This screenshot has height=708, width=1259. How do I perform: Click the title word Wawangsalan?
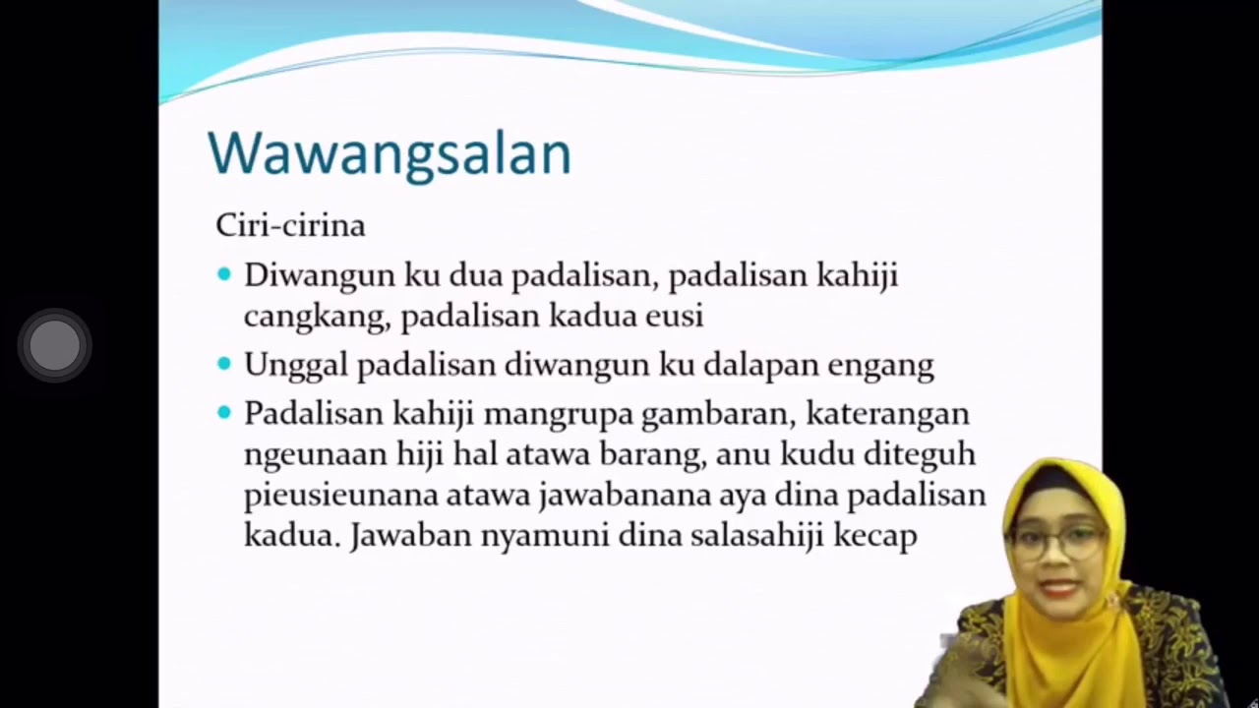pos(389,154)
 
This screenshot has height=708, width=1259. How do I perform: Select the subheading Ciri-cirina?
pos(290,225)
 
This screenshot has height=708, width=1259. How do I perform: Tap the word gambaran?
pos(717,413)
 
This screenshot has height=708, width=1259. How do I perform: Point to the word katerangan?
pos(887,414)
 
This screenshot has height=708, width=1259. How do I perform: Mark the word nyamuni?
pos(548,536)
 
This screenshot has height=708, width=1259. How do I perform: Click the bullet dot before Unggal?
pos(224,364)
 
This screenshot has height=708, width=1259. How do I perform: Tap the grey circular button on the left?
pos(55,346)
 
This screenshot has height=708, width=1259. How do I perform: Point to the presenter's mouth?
pos(1059,587)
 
